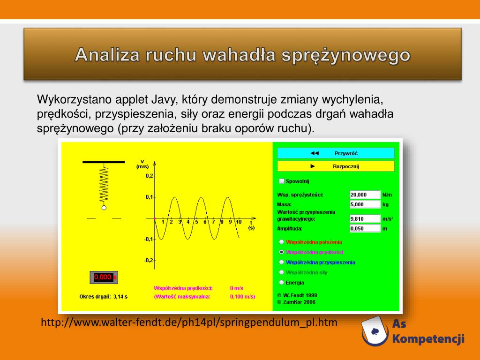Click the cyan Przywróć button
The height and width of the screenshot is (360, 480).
click(x=336, y=153)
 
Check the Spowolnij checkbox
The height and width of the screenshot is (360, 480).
click(x=282, y=181)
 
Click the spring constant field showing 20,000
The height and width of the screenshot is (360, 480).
click(x=365, y=195)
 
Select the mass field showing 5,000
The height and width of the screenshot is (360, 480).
click(x=365, y=204)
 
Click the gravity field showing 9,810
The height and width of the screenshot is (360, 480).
click(x=365, y=218)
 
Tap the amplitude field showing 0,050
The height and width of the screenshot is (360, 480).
click(x=365, y=228)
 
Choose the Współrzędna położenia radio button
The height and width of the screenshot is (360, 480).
click(x=282, y=242)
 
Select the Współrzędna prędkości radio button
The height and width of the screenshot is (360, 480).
click(x=282, y=252)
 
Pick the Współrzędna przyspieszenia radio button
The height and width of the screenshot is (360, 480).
click(x=282, y=262)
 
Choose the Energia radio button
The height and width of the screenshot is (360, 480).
click(x=282, y=282)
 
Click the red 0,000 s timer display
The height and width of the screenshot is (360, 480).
click(x=104, y=277)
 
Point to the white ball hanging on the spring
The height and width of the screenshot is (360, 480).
click(x=104, y=208)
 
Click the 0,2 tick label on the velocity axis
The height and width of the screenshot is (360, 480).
click(x=149, y=176)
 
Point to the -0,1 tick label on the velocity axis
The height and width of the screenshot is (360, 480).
click(x=149, y=239)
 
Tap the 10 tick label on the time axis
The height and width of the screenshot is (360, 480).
click(x=239, y=222)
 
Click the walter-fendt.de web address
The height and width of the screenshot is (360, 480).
click(x=189, y=322)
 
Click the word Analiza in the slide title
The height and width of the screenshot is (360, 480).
click(x=107, y=55)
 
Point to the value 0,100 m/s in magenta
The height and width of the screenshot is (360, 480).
click(x=242, y=296)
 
